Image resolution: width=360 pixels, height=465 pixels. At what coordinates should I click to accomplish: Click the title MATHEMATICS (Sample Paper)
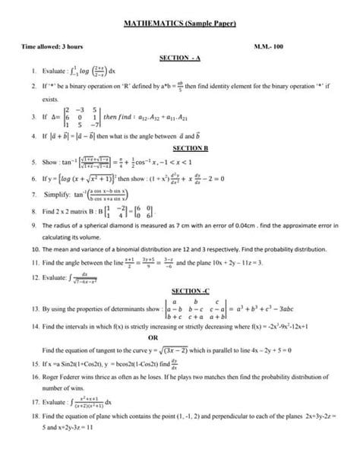(x=180, y=24)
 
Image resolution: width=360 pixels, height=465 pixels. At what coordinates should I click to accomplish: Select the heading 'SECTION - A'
(x=180, y=58)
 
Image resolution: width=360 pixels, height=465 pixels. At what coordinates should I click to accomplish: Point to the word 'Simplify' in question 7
(x=57, y=194)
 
